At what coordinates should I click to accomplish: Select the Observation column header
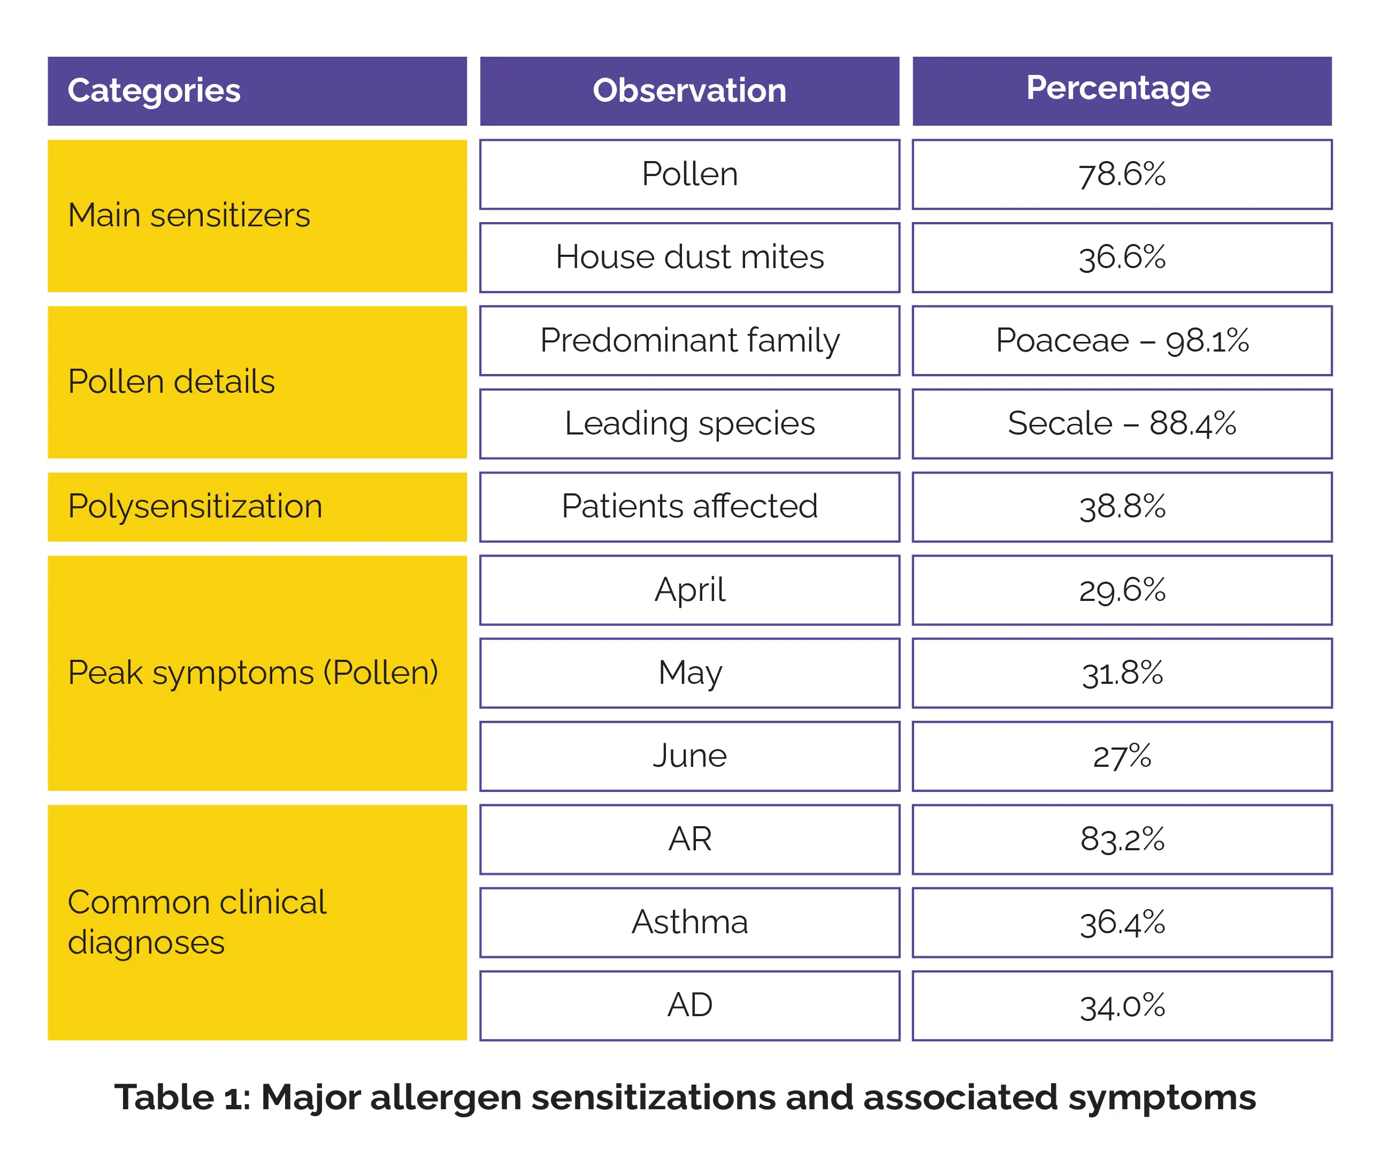coord(689,91)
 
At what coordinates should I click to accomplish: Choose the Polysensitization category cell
coord(257,507)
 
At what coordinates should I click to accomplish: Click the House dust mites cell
coord(689,257)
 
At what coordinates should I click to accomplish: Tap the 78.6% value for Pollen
coord(1122,174)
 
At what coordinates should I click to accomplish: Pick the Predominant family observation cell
coord(689,341)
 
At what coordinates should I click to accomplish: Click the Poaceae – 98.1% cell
coord(1122,341)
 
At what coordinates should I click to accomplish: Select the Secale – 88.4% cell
coord(1122,424)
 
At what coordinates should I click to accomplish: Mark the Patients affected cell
coord(689,507)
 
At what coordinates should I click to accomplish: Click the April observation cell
coord(689,590)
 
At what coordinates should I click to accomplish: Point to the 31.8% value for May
coord(1122,673)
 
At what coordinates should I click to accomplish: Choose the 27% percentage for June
coord(1122,756)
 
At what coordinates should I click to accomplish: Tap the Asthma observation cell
coord(689,923)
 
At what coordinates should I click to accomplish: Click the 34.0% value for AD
coord(1122,1005)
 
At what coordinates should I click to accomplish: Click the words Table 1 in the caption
coord(182,1097)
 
